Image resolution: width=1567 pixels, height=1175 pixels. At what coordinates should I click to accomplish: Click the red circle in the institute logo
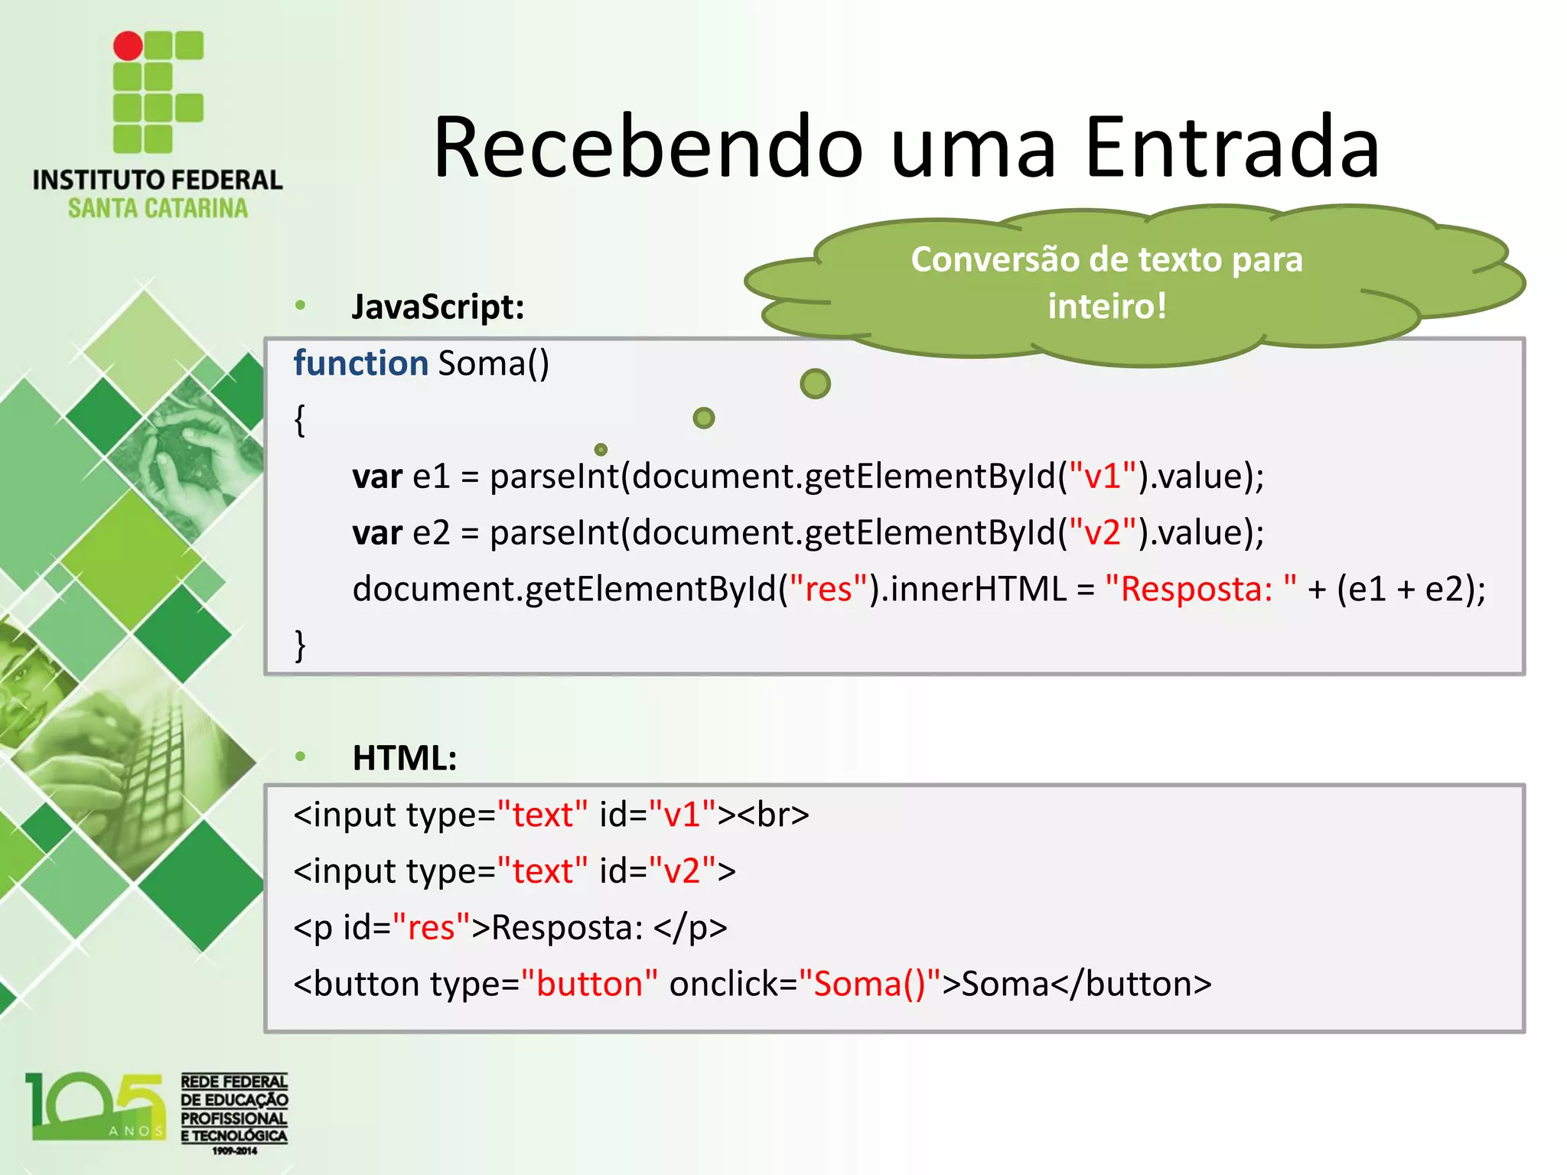pos(128,46)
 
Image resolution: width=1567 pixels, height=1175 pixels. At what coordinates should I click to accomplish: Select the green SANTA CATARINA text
pos(158,208)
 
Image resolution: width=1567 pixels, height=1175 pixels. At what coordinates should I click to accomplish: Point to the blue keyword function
pos(360,363)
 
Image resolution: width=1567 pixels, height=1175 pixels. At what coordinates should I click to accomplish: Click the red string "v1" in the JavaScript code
pos(1103,476)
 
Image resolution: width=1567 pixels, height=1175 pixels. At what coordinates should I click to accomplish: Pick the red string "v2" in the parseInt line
pos(1103,532)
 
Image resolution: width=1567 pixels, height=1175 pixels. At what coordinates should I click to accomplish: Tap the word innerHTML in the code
pos(978,589)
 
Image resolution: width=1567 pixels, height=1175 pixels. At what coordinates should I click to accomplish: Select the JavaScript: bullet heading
pos(438,307)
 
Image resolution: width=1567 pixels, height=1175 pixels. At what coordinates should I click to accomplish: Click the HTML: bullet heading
pos(405,758)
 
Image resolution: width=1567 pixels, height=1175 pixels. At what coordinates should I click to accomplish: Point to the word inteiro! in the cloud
pos(1106,306)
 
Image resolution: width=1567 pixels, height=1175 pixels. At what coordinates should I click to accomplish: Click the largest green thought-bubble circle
pos(815,383)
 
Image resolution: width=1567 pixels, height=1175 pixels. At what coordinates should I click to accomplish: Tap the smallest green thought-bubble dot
pos(601,449)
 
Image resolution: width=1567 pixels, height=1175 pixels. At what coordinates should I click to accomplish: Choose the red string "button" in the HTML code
pos(589,984)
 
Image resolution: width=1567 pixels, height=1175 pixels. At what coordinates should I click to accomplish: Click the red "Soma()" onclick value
pos(869,984)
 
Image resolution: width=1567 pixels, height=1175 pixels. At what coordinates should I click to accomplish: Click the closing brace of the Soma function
pos(300,645)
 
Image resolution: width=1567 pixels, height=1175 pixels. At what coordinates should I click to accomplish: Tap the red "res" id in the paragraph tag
pos(431,928)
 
